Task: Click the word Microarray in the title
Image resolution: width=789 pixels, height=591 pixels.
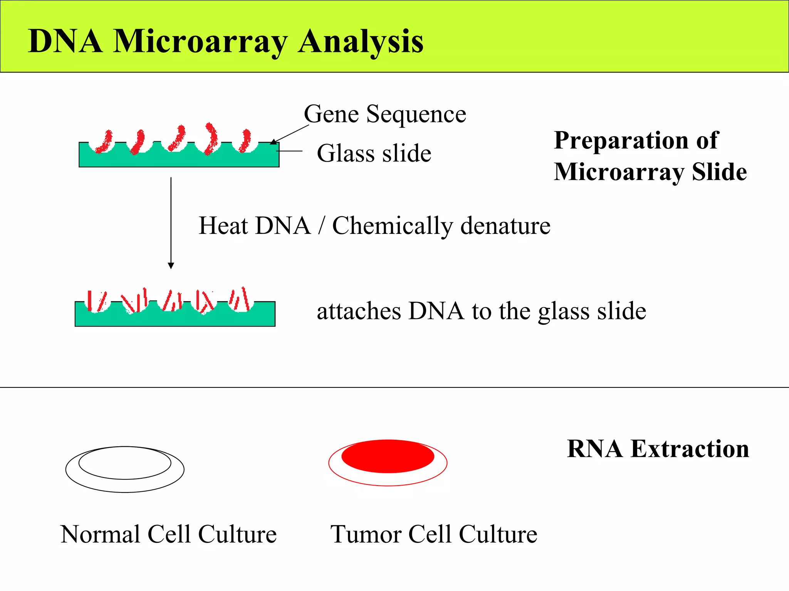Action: [x=200, y=42]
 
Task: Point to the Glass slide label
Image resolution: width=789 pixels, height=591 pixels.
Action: [x=374, y=153]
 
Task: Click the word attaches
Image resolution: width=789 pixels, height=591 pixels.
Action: [x=358, y=311]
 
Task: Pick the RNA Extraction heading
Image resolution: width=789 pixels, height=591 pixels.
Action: [x=658, y=449]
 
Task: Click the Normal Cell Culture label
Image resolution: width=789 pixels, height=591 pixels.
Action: [x=168, y=534]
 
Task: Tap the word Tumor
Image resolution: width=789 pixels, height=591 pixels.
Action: [x=366, y=534]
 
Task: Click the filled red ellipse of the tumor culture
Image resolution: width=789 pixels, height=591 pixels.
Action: [x=388, y=456]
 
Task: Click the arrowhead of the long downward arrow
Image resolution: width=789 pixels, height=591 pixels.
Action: [x=171, y=265]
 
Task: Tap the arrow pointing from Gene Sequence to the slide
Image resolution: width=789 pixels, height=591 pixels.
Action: [x=290, y=134]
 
